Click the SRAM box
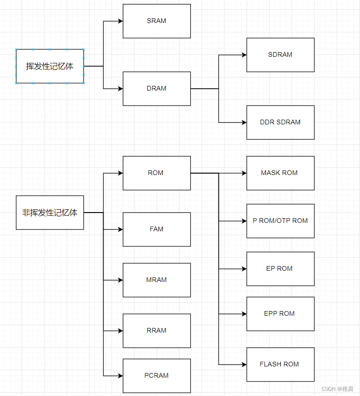pos(157,21)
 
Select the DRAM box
pos(157,89)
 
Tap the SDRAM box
pos(280,55)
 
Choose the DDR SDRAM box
pos(280,122)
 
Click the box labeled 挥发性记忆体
pos(50,66)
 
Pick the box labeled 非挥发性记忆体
pos(50,213)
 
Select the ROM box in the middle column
pos(157,173)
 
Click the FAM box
pos(157,229)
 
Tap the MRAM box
pos(157,280)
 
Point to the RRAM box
pos(157,331)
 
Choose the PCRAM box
pos(157,376)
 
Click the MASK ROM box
pos(280,173)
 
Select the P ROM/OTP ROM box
pos(280,221)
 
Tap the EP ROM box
pos(280,269)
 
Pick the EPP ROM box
pos(280,314)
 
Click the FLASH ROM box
pos(280,365)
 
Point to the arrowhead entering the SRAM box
pos(120,21)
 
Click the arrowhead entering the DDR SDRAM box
pos(244,122)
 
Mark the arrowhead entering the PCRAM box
pos(120,376)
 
